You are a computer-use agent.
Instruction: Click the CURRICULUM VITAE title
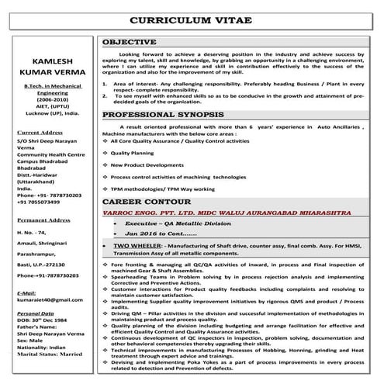[192, 18]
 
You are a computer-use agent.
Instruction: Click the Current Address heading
[40, 133]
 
